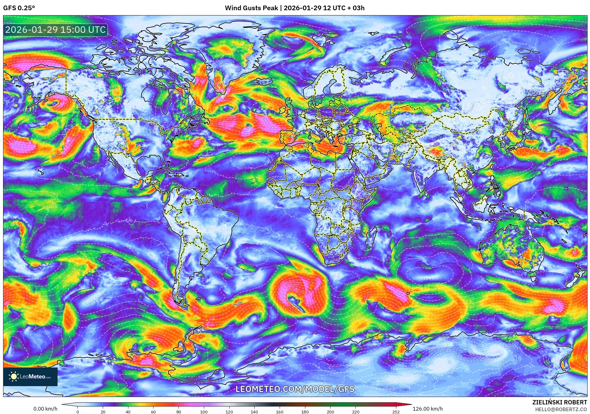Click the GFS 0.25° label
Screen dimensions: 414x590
19,8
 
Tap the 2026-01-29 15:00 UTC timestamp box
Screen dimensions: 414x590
56,30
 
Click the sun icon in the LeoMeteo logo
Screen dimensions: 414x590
14,377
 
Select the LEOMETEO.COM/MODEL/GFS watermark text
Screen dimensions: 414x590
295,389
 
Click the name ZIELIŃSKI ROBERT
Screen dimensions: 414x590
559,402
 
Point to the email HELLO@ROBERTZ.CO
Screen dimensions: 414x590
561,409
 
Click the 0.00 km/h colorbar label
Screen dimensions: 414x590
45,409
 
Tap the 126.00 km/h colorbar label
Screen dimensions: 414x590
428,409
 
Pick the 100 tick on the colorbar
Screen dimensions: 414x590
204,412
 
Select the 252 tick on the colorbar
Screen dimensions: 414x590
396,412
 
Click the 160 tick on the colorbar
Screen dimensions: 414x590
279,412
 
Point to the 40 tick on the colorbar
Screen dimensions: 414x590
128,412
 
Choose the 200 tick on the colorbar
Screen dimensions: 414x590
330,412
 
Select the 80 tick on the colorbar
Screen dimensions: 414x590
179,412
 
